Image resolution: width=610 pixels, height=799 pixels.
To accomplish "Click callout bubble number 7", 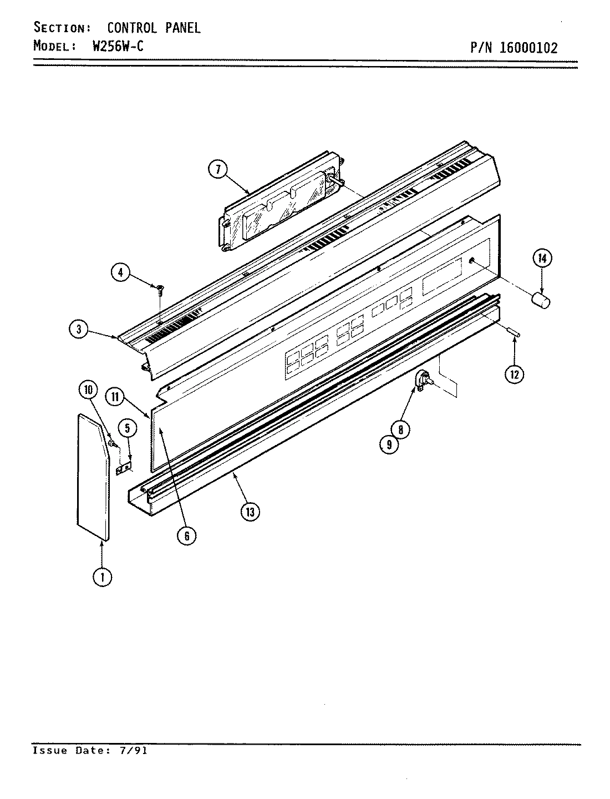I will point(218,170).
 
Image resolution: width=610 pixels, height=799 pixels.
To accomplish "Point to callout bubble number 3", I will point(79,330).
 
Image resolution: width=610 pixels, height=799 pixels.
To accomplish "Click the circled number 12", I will point(514,375).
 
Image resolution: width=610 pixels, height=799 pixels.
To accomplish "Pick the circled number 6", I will point(187,535).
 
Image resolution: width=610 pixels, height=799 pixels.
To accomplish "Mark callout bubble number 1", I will point(102,577).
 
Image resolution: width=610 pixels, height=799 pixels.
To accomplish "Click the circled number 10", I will point(88,390).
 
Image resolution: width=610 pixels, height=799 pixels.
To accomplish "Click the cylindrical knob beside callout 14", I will point(541,300).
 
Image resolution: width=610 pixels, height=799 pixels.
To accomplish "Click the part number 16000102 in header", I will point(528,47).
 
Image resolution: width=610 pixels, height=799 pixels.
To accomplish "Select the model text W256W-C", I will point(118,46).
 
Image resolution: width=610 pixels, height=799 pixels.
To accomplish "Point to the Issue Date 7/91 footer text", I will point(90,751).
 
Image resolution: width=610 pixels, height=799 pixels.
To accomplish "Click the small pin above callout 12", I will point(514,332).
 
